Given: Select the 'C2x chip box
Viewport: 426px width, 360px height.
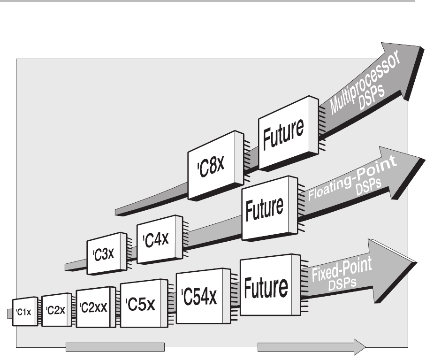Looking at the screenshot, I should (56, 309).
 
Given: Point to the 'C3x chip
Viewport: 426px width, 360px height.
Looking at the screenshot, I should (106, 254).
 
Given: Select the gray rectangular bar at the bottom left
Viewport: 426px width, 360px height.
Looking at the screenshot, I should (115, 347).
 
